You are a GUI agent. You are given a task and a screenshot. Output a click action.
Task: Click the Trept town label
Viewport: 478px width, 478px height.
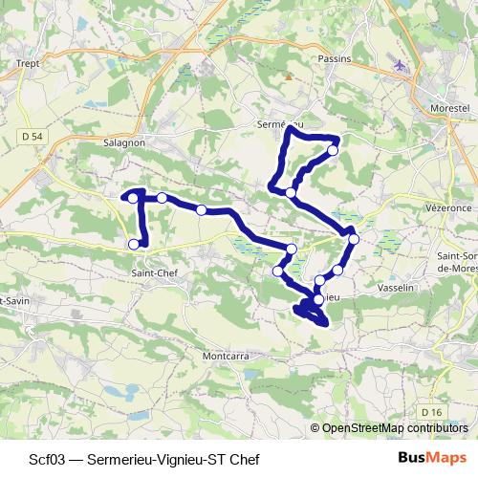pos(26,64)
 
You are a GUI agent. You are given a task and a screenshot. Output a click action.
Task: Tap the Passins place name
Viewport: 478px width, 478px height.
pos(334,57)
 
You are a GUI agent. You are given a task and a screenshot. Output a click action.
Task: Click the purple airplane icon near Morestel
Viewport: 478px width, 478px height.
pos(399,66)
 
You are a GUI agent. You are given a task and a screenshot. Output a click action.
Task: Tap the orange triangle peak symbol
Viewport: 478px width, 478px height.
pos(285,75)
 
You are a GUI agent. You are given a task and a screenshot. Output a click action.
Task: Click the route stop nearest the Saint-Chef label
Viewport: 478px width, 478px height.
pos(134,244)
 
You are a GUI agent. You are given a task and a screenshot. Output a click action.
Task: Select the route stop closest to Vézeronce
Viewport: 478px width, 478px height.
pos(354,238)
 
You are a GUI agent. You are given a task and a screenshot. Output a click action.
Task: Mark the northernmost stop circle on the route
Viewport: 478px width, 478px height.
pos(333,150)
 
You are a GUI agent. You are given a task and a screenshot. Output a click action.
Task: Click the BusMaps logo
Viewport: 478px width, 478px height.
pos(430,455)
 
